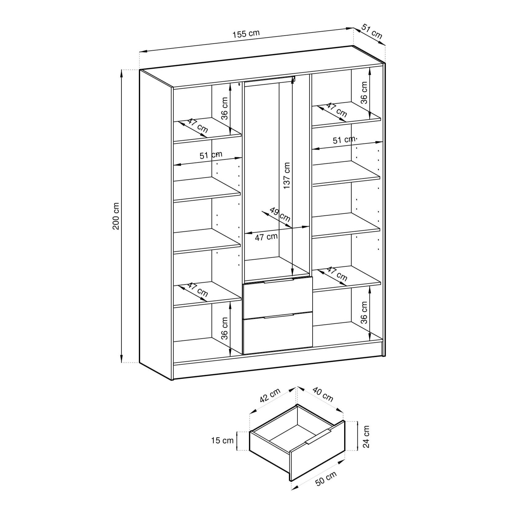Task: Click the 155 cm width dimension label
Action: (246, 34)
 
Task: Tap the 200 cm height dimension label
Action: (116, 216)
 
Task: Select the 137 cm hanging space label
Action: (286, 175)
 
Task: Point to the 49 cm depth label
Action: (280, 215)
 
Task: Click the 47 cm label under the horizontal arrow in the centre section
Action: (266, 237)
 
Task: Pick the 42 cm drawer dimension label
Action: (270, 395)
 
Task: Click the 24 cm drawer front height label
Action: (366, 437)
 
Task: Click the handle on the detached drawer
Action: (318, 437)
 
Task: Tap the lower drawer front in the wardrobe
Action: (278, 334)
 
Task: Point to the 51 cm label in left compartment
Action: (211, 155)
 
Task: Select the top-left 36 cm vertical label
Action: (225, 108)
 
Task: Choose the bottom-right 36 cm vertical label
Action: (364, 313)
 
